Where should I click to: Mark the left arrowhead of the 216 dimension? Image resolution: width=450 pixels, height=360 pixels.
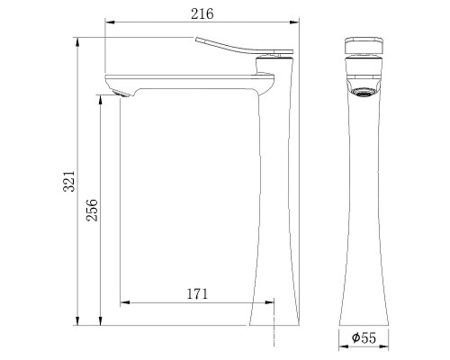[x=109, y=22]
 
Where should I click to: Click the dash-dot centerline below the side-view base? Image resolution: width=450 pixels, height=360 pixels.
[x=274, y=335]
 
